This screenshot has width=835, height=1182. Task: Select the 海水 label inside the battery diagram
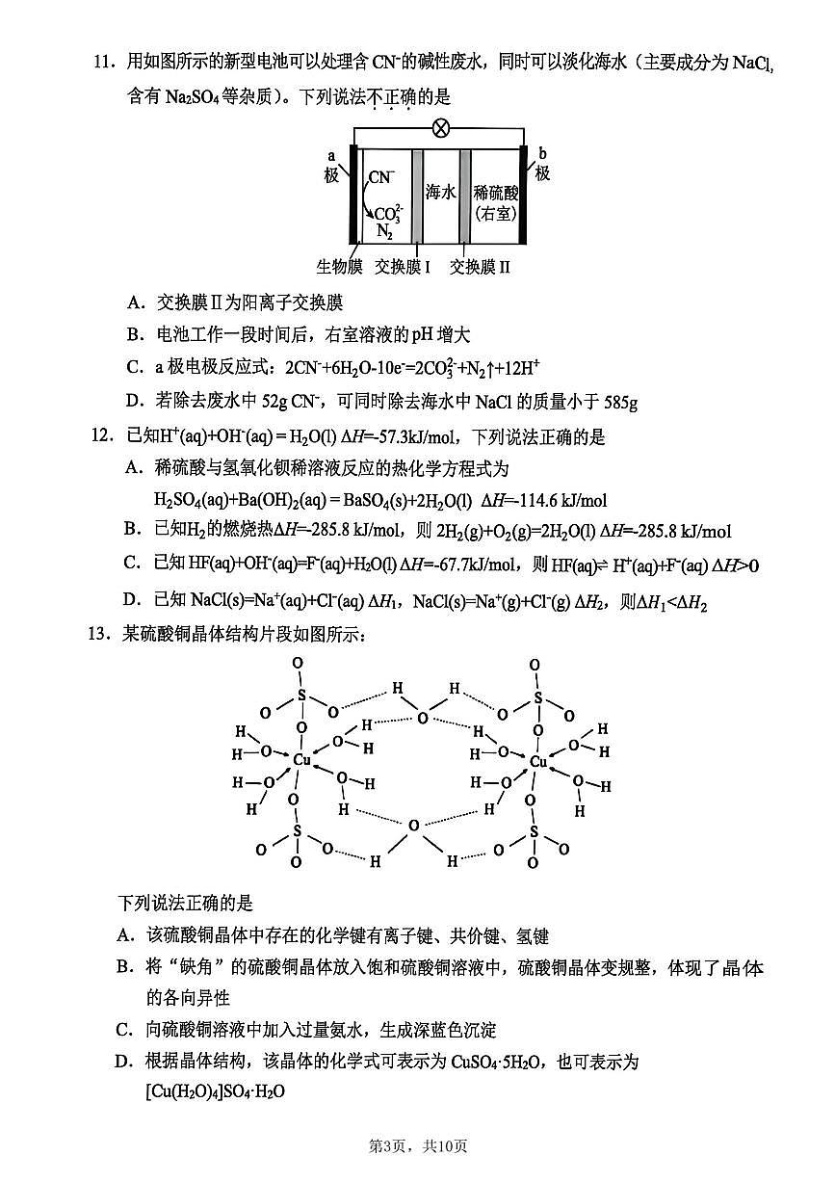440,192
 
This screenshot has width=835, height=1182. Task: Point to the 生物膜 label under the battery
338,267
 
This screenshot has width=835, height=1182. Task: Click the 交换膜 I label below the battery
403,267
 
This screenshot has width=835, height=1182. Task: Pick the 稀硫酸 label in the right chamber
497,193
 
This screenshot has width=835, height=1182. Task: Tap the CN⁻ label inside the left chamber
381,177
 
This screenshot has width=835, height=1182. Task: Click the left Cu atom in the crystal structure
301,760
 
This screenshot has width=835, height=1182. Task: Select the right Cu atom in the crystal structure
539,762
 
